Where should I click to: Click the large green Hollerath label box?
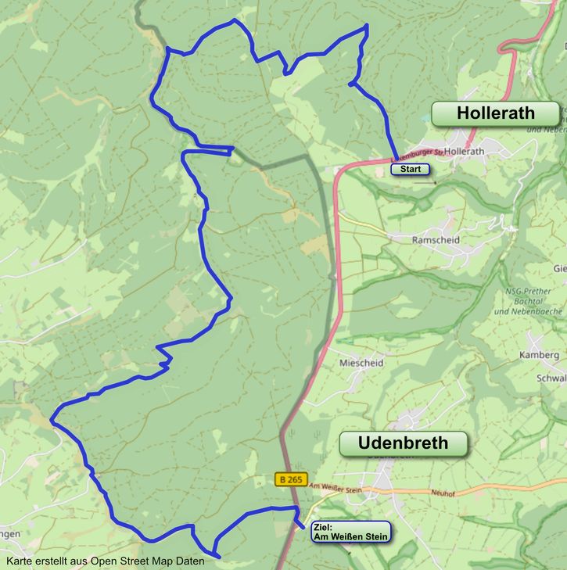(495, 113)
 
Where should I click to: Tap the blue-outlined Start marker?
(410, 169)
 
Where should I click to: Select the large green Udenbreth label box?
(403, 443)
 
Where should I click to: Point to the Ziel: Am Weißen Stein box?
(350, 532)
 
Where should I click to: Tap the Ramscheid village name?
(436, 240)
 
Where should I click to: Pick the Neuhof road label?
(443, 493)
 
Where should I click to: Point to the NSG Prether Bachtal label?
(535, 301)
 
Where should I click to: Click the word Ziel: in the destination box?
(322, 527)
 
